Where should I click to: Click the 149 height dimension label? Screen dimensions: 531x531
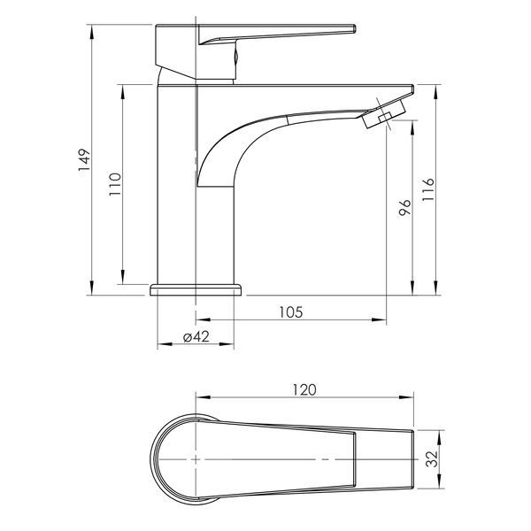click(x=85, y=160)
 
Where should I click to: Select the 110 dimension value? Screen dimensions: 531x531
click(x=115, y=184)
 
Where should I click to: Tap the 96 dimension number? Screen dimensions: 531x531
click(x=404, y=207)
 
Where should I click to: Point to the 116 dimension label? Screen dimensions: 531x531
click(x=428, y=189)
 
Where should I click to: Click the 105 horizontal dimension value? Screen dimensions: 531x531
click(x=291, y=312)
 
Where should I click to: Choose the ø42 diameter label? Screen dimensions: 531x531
click(x=196, y=337)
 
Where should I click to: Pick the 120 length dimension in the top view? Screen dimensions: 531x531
click(x=304, y=389)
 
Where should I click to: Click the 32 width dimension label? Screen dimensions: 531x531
click(x=432, y=459)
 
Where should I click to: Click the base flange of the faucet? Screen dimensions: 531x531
click(x=196, y=290)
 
